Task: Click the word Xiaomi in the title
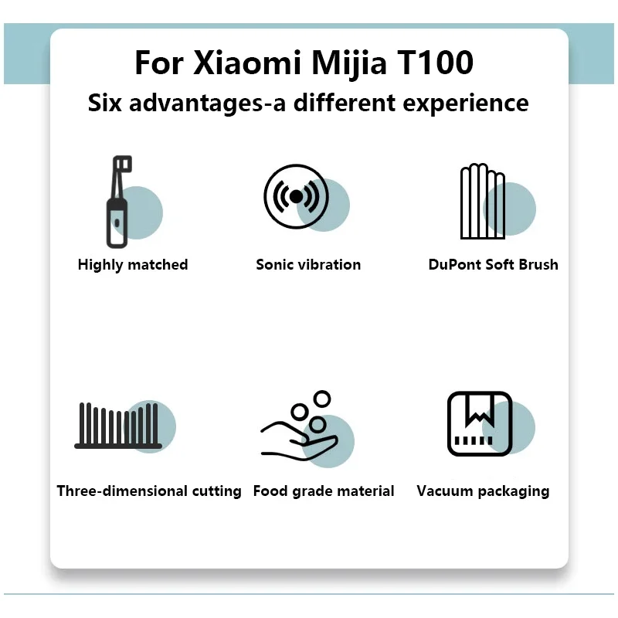[246, 63]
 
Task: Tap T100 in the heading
[434, 63]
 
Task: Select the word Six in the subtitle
[105, 103]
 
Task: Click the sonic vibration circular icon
[296, 196]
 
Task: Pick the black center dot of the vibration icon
[296, 196]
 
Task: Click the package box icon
[480, 423]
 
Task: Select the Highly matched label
[133, 265]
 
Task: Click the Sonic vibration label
[308, 265]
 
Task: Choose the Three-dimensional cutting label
[149, 491]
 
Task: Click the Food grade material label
[324, 491]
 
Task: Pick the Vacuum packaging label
[483, 491]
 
